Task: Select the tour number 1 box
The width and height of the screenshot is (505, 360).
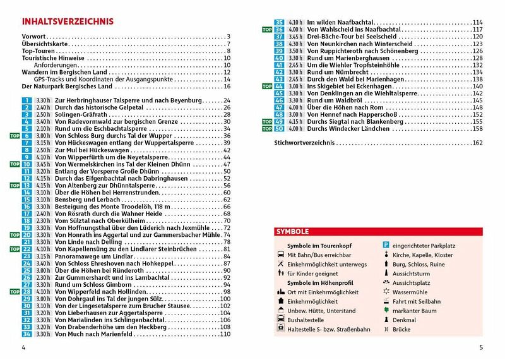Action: [27, 100]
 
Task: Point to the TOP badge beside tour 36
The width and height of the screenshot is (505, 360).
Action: [266, 30]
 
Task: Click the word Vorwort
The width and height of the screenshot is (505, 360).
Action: [34, 37]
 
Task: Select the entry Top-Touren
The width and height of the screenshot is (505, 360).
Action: [41, 51]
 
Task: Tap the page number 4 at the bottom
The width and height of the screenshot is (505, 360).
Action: [23, 347]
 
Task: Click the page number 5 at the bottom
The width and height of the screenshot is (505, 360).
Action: [481, 347]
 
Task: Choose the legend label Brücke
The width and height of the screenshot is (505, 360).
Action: [401, 329]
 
